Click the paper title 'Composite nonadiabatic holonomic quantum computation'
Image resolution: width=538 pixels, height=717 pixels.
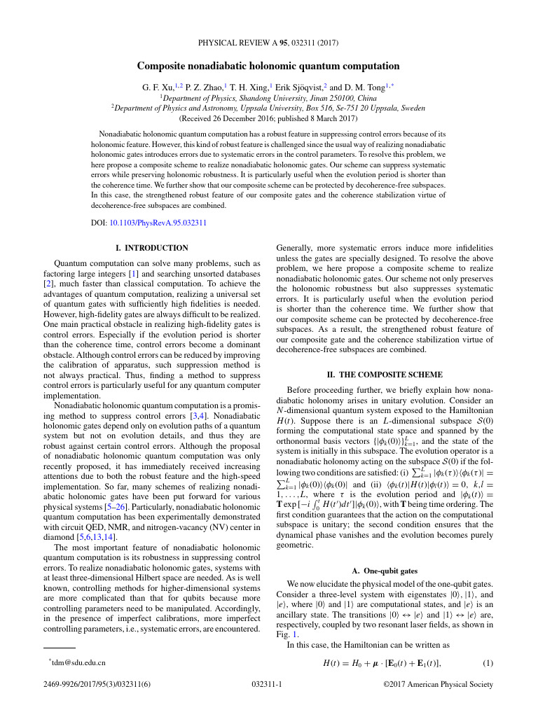(268, 67)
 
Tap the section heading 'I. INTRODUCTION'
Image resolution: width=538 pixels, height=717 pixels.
(151, 248)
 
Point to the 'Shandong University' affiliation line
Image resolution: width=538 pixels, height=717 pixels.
(268, 99)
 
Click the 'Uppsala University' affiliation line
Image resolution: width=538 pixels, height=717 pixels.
(268, 109)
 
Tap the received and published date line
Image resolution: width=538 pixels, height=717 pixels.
(268, 118)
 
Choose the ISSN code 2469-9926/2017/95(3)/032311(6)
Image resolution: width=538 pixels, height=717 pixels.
(96, 704)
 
